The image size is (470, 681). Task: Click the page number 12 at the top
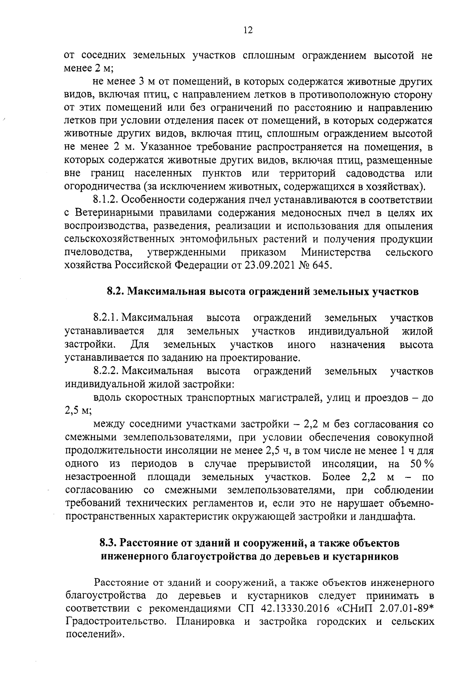(247, 31)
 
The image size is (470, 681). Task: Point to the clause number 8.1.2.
(106, 200)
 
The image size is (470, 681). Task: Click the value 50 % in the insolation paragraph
(421, 464)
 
